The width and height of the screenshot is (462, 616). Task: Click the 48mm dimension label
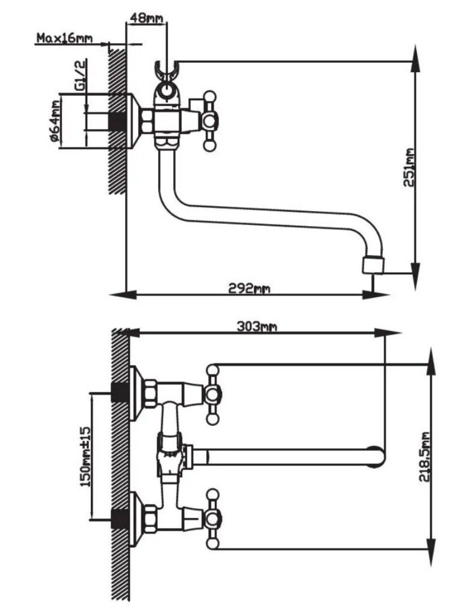[145, 17]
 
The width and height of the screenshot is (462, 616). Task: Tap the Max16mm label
[64, 38]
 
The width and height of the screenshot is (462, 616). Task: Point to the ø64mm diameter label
[54, 121]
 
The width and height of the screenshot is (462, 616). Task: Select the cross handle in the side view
[209, 121]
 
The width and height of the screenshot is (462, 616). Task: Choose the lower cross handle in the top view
[213, 519]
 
